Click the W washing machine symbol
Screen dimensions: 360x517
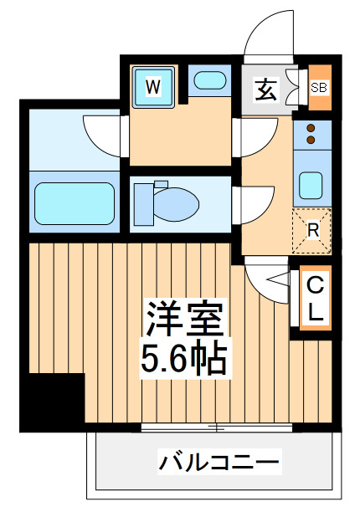(153, 87)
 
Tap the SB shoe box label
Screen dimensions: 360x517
(319, 88)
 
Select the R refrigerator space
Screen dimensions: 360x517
(311, 231)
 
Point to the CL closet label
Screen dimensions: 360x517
(316, 299)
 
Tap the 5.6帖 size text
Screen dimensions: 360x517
(184, 358)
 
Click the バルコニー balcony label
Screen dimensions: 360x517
(219, 462)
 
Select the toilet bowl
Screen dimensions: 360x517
(176, 204)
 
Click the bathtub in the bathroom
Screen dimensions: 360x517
(75, 203)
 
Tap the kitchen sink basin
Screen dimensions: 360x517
(311, 186)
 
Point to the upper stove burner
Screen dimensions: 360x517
(311, 128)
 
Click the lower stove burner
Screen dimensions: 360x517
(311, 141)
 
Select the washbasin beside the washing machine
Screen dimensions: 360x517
(210, 80)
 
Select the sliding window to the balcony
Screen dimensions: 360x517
(217, 428)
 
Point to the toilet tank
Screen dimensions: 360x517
(143, 204)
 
